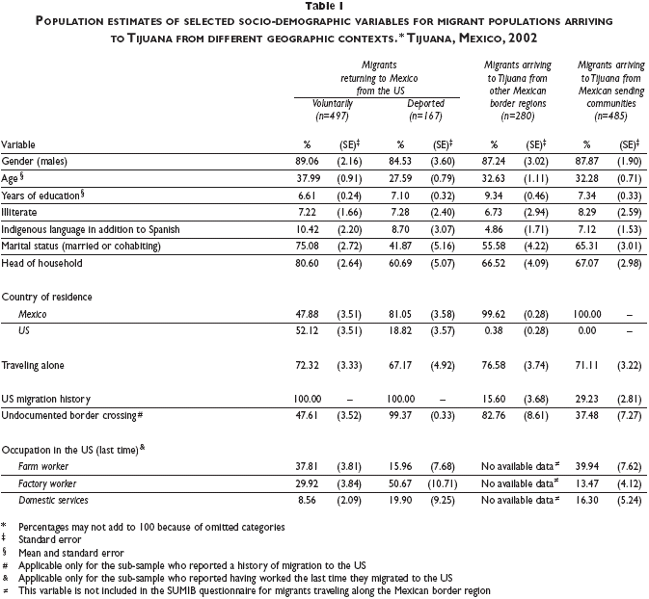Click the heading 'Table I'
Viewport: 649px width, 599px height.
click(x=324, y=8)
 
